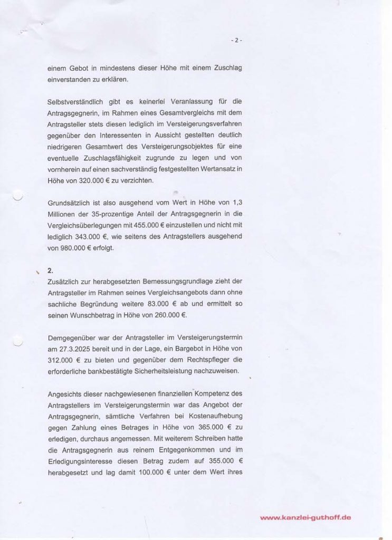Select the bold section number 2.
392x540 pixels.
coord(50,272)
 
